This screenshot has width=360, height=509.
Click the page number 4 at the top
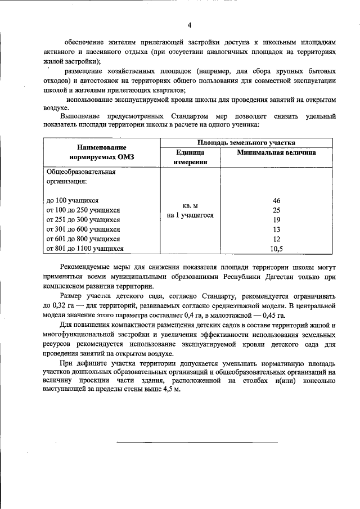(190, 25)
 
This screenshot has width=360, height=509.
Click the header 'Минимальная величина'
(276, 152)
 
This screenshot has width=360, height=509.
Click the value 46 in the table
(276, 201)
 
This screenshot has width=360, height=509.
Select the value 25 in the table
(276, 210)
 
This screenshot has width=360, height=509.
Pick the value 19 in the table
(276, 220)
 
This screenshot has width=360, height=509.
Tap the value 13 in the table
(276, 229)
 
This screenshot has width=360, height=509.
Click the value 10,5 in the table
(276, 249)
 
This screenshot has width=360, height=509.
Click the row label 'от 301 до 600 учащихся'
(83, 229)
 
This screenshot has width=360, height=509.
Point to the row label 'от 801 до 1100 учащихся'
(85, 249)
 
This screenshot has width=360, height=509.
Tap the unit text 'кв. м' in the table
(190, 206)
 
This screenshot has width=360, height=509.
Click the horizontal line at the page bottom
(197, 442)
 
